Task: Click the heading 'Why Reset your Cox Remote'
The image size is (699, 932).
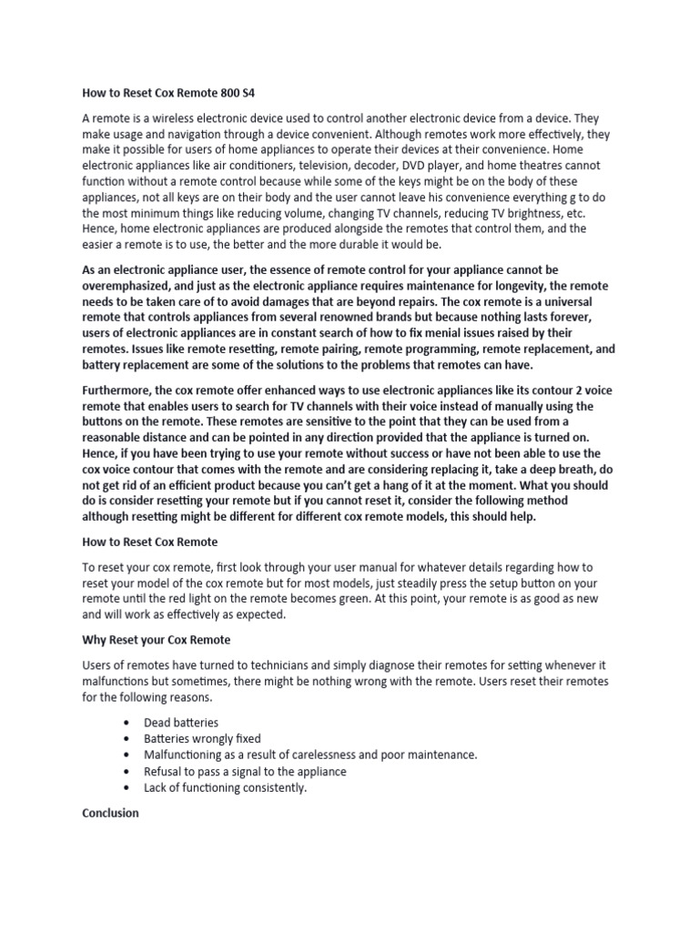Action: (x=156, y=639)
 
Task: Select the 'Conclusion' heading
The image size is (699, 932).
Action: (x=110, y=813)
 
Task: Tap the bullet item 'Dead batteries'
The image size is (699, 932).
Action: (x=181, y=722)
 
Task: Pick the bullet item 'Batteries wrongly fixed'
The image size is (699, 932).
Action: (x=202, y=738)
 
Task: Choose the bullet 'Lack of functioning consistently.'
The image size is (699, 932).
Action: (x=225, y=787)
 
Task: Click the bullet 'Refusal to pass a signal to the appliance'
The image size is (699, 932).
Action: (x=245, y=771)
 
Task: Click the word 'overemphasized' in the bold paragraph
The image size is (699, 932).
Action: (x=127, y=286)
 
